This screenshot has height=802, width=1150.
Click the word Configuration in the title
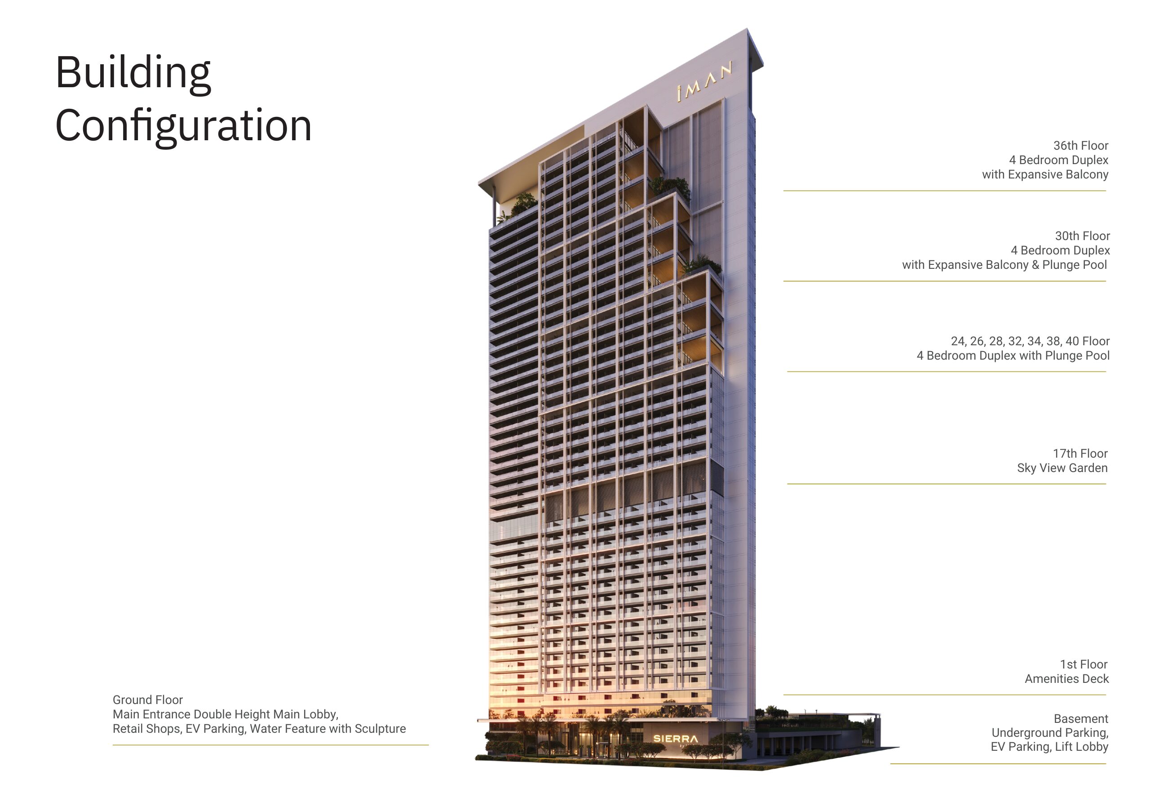(183, 126)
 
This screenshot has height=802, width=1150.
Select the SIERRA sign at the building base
(675, 738)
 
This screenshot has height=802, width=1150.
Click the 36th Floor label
(1080, 146)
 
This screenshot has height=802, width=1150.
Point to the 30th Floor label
(1082, 236)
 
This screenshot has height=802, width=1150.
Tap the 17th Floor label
(1080, 454)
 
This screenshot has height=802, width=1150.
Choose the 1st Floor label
(1084, 664)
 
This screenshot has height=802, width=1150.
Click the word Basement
(1081, 719)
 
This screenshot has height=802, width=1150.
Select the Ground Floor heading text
(148, 700)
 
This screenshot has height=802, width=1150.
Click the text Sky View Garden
(1062, 468)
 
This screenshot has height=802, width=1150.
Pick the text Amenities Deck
(1066, 679)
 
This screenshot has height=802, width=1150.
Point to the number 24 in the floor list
(958, 341)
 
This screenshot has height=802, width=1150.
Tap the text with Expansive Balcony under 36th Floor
(1045, 175)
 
